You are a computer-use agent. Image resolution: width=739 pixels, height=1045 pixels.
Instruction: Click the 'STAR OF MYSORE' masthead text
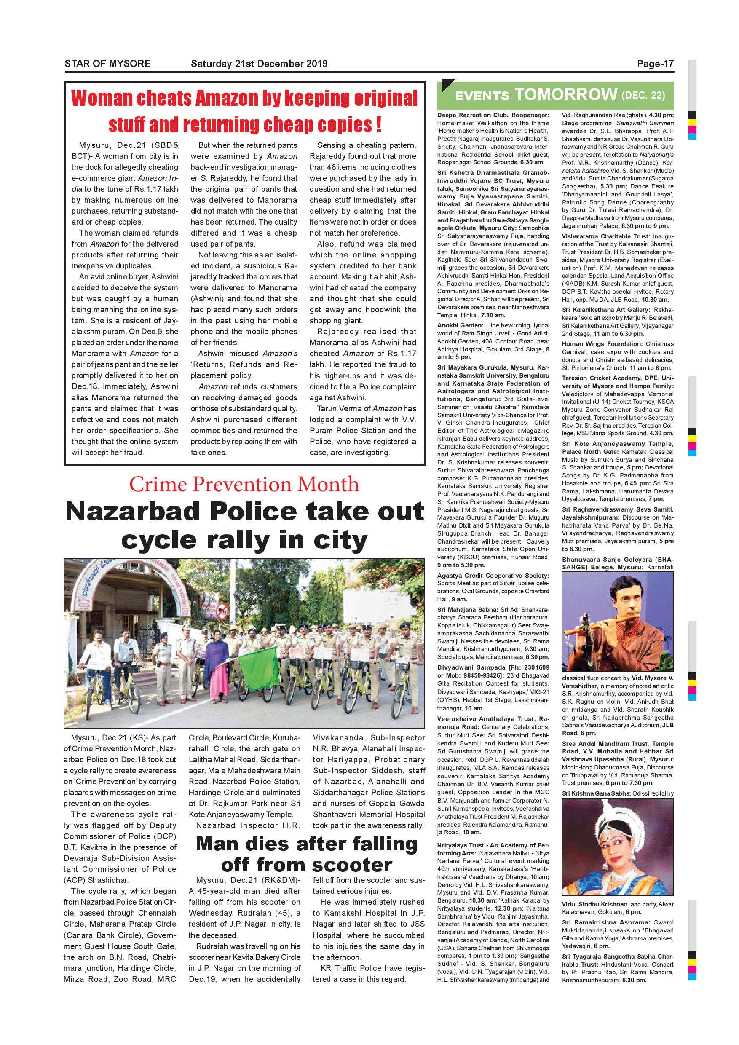tap(107, 64)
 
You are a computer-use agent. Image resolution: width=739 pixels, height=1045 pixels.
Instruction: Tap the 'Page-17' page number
tap(655, 64)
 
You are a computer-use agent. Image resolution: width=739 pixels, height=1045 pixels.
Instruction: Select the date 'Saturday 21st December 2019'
tap(259, 64)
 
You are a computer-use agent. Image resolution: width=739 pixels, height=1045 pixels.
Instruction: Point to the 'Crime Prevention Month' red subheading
tap(244, 484)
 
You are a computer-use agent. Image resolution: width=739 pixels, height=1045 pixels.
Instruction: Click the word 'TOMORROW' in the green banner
tap(566, 95)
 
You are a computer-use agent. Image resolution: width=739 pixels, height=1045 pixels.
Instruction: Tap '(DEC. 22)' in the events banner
tap(643, 96)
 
